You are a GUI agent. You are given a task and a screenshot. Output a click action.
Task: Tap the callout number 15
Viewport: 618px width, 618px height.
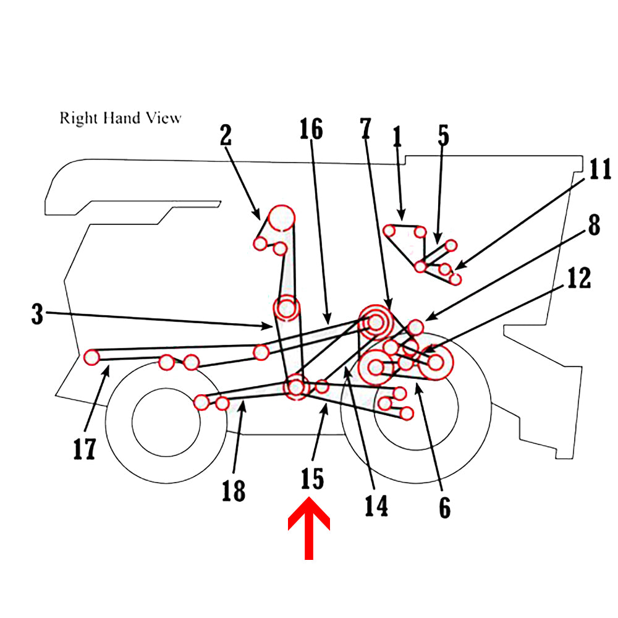point(312,479)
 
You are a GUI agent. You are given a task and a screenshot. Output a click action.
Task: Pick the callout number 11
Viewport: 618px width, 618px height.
point(598,169)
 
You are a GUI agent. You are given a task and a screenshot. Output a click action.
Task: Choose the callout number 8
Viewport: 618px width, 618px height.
point(593,226)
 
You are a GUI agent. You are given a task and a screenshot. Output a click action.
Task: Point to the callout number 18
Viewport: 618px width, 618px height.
point(234,491)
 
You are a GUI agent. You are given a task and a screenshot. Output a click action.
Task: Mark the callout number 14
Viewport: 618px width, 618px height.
point(376,505)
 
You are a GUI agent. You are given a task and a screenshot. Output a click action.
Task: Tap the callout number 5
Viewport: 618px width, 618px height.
point(444,137)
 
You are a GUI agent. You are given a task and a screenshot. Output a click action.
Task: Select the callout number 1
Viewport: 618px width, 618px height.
point(397,137)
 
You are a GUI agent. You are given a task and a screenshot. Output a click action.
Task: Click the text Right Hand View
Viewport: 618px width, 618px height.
point(121,117)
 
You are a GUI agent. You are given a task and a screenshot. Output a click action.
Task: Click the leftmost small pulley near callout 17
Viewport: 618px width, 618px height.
point(92,357)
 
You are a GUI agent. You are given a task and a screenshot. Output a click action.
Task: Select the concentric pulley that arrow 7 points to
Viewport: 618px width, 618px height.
point(376,321)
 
